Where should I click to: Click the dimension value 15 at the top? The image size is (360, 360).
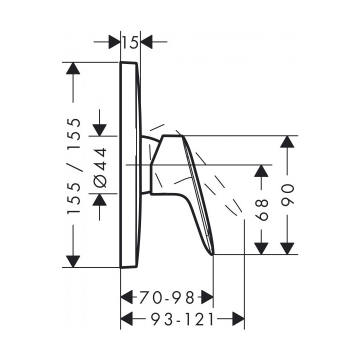(130, 42)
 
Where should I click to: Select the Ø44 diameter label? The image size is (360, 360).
(100, 167)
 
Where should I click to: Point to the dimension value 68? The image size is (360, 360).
(261, 210)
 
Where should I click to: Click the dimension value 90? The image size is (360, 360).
(287, 194)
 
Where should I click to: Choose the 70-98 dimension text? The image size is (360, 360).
(167, 297)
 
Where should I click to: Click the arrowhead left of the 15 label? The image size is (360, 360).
(114, 42)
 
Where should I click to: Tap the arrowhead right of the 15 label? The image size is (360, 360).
(146, 42)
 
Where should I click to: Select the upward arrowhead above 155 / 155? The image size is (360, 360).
(73, 68)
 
